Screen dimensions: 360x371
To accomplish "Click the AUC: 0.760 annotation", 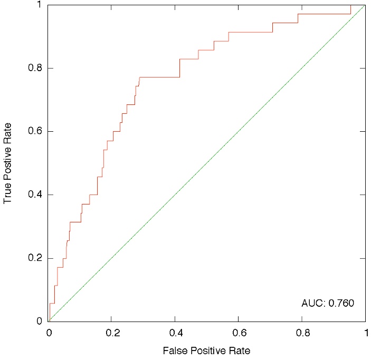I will pyautogui.click(x=327, y=303).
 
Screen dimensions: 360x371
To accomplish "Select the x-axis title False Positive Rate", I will pyautogui.click(x=206, y=350).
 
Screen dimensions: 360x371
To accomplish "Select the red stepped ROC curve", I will pyautogui.click(x=169, y=77).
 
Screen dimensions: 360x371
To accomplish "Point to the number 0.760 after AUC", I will pyautogui.click(x=340, y=303).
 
